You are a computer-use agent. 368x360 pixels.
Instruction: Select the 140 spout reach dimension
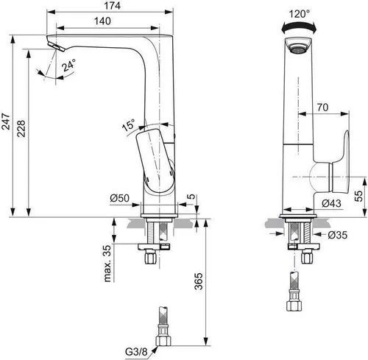pyautogui.click(x=112, y=23)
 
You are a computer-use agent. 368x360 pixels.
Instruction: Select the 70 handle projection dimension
pyautogui.click(x=322, y=107)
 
